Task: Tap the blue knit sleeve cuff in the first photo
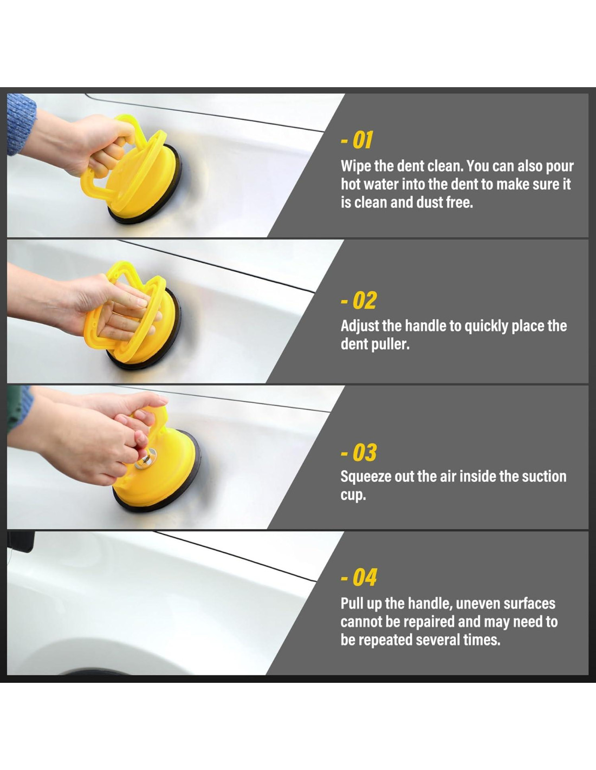point(21,123)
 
